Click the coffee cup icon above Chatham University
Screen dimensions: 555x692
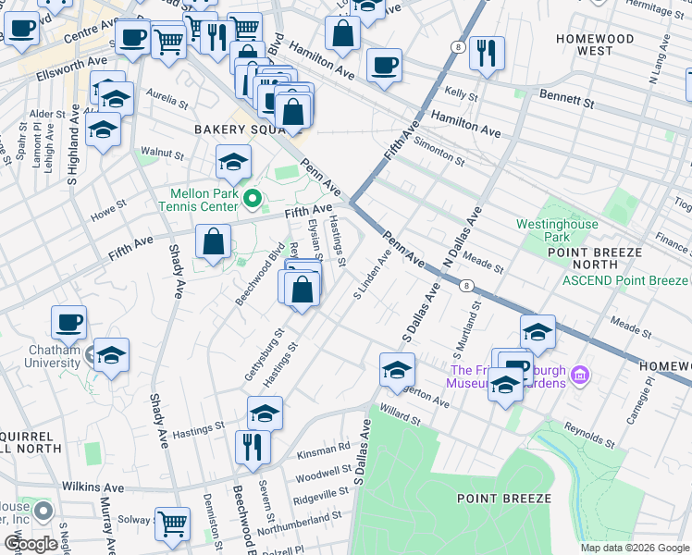coord(69,324)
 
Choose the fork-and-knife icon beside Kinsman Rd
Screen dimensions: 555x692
coord(253,448)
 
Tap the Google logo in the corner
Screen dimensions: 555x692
coord(31,544)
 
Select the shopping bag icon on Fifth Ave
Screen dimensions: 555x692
coord(213,243)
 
